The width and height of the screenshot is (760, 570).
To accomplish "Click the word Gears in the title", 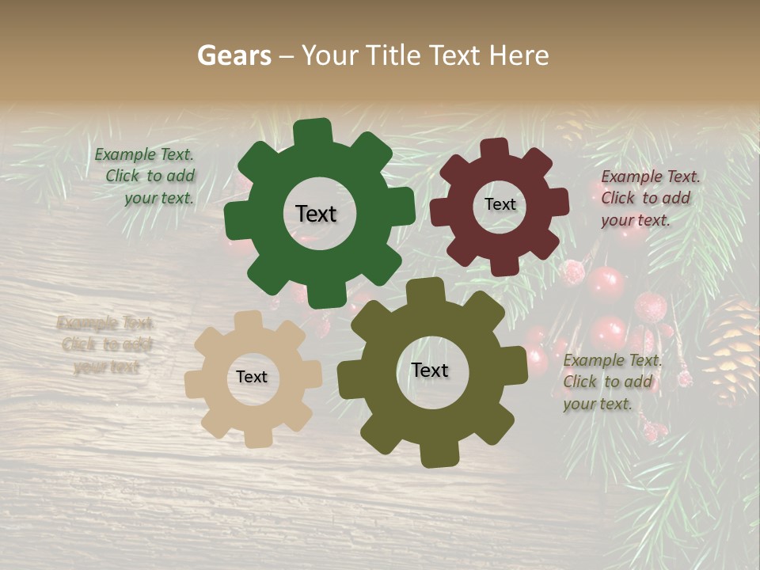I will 234,55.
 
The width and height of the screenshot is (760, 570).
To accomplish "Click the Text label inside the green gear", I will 316,214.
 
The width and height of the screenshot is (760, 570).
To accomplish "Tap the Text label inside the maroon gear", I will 500,204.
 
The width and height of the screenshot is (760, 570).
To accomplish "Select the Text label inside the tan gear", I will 252,377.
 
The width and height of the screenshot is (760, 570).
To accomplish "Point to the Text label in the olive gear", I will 430,370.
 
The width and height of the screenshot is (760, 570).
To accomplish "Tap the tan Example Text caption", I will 106,344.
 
